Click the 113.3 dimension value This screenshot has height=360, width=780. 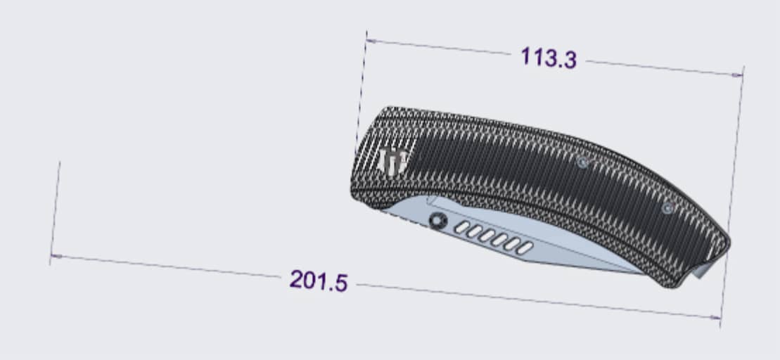tap(548, 58)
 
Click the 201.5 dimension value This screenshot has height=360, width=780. tap(318, 281)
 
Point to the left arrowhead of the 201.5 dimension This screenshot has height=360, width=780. tap(55, 257)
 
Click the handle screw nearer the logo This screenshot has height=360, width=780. tap(582, 162)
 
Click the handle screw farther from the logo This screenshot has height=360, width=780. tap(668, 208)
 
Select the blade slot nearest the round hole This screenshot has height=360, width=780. tap(463, 227)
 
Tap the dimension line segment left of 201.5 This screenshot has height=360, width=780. tap(169, 267)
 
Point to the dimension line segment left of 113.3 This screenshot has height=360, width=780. tap(443, 47)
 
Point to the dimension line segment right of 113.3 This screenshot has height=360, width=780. tap(661, 67)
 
